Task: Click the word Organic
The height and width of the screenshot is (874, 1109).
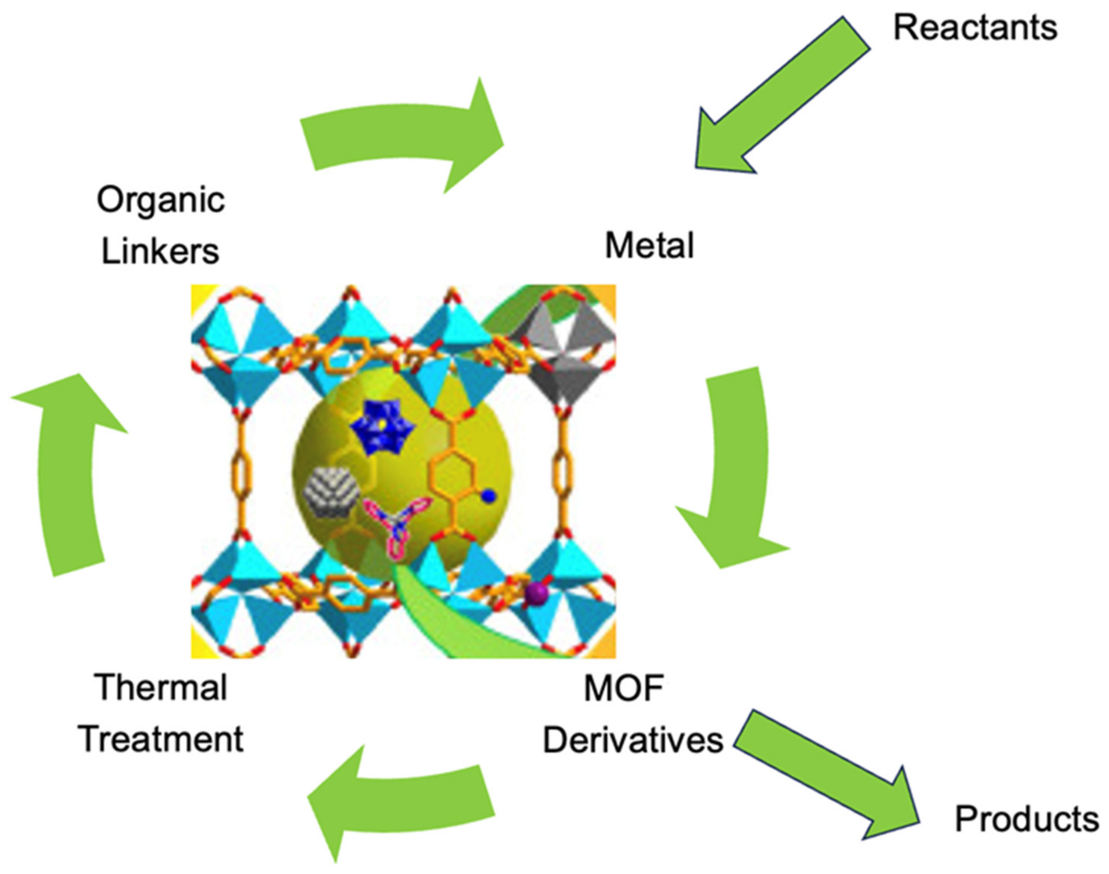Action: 160,201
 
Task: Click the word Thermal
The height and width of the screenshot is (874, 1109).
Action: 160,687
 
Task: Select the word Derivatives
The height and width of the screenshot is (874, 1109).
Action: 633,740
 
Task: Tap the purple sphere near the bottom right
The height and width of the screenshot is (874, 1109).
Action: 536,594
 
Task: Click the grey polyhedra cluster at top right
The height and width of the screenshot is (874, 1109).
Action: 563,353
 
